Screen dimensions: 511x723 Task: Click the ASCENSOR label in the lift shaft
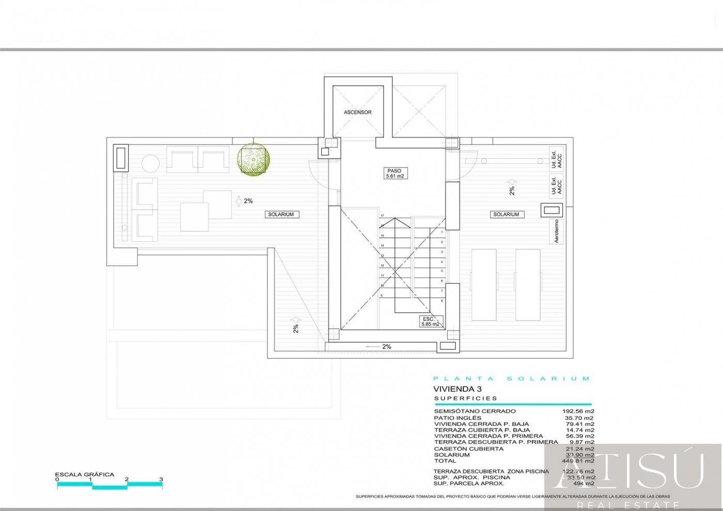point(357,112)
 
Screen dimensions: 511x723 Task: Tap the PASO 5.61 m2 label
point(395,174)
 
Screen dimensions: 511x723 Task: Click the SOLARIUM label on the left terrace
point(280,214)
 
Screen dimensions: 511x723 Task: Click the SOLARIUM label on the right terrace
point(506,214)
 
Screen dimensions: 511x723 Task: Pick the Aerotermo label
point(557,231)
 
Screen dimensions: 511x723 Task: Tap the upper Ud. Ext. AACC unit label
point(556,160)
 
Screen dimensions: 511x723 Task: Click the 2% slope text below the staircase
point(386,347)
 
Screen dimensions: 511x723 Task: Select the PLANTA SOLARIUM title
point(511,379)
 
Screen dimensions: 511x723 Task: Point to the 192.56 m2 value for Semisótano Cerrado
point(578,411)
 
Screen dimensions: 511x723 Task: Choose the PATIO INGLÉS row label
point(458,418)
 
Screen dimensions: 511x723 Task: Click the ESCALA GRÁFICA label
point(85,474)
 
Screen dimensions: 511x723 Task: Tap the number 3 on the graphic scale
point(161,479)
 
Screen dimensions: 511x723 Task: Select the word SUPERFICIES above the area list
point(466,398)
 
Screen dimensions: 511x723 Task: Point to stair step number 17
point(383,215)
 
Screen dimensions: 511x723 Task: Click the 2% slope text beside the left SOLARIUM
point(248,201)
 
